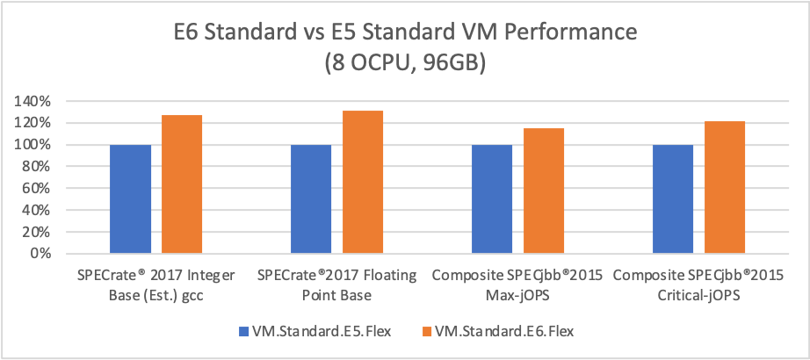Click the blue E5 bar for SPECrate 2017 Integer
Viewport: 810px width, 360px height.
(x=131, y=199)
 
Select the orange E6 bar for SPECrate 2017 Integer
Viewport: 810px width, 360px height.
(x=182, y=184)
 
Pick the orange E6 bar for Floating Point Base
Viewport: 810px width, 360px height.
(x=363, y=183)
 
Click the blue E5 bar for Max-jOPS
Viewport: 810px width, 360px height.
(x=493, y=199)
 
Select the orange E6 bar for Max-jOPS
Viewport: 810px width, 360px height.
(x=544, y=191)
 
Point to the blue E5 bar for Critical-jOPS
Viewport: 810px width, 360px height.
(x=674, y=199)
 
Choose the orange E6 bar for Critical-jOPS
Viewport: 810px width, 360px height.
(x=725, y=188)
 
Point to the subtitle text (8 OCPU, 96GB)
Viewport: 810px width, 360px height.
(x=405, y=67)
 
